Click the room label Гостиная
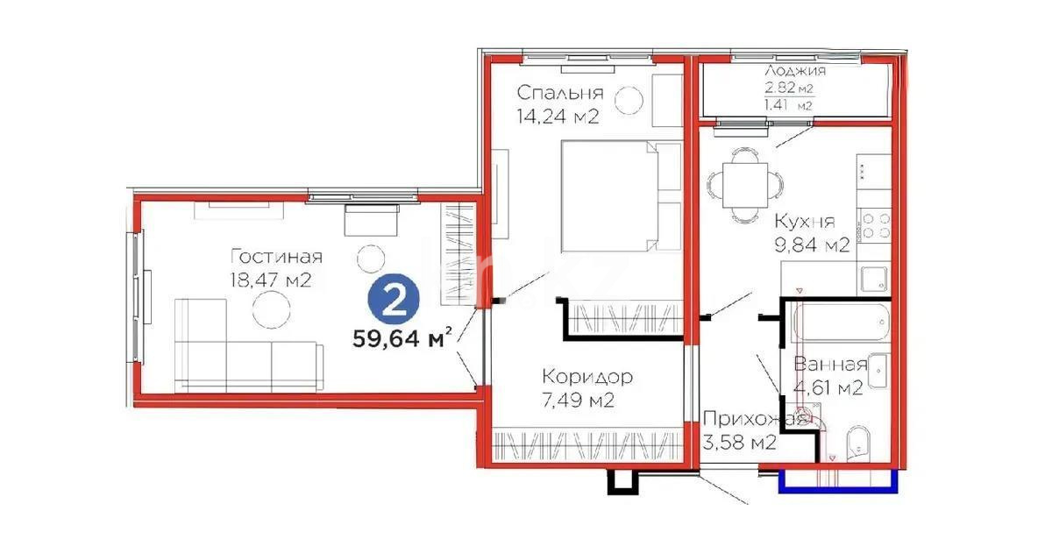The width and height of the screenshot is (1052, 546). [x=276, y=257]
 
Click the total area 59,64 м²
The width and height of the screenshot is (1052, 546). [x=402, y=338]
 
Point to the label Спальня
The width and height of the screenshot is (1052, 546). [x=559, y=93]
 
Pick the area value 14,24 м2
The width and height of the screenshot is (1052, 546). [x=558, y=117]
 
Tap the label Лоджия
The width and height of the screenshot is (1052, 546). [x=794, y=72]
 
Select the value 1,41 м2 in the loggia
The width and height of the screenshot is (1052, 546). [x=787, y=105]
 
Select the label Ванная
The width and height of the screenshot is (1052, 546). [x=830, y=365]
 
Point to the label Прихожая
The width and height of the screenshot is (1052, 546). [x=754, y=420]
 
